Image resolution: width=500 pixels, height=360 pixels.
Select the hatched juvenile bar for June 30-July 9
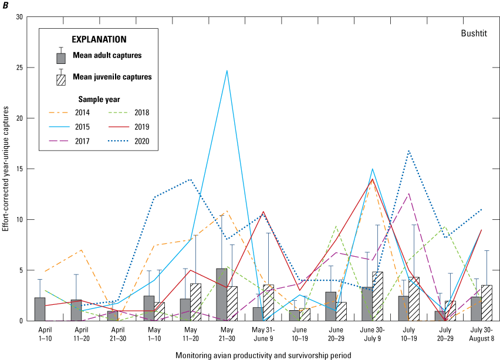[377, 296]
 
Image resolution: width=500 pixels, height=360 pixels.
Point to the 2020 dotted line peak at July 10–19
[408, 151]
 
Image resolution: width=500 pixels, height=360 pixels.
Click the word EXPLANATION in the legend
[99, 40]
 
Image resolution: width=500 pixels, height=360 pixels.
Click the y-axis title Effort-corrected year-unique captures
[6, 168]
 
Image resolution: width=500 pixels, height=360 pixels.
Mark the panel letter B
[5, 5]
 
